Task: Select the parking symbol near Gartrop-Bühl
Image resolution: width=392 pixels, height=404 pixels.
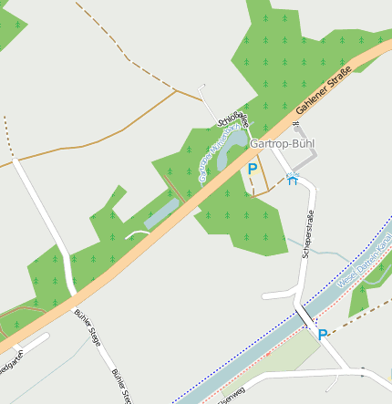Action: (253, 169)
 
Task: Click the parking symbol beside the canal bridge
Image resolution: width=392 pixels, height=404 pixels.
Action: (322, 335)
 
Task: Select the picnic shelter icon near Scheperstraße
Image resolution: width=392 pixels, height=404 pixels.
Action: (292, 180)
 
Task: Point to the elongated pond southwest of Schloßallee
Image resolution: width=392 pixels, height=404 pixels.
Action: (161, 214)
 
